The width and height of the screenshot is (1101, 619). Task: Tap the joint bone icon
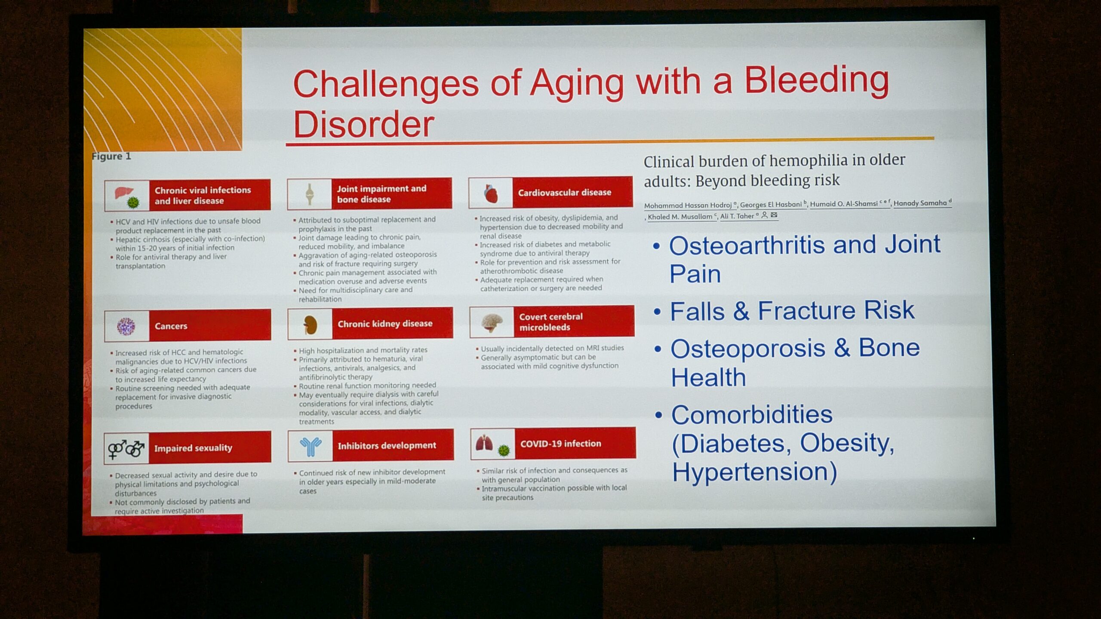tap(309, 194)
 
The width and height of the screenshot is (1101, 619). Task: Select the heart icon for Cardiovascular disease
tap(491, 193)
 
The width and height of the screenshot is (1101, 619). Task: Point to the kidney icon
tap(310, 325)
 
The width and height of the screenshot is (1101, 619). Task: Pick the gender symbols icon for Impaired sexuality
tap(126, 449)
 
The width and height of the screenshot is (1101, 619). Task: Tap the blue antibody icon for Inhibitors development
tap(311, 447)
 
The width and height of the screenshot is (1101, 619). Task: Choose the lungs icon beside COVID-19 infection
tap(485, 443)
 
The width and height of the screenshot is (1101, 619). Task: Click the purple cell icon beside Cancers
tap(126, 327)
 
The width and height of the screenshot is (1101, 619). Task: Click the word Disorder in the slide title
tap(364, 124)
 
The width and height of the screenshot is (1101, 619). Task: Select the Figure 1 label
tap(111, 156)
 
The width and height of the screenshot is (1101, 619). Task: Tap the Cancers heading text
tap(171, 326)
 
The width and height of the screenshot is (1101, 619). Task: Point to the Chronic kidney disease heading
tap(385, 324)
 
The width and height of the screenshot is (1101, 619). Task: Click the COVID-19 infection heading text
tap(560, 444)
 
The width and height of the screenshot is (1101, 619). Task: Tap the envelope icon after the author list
tap(774, 215)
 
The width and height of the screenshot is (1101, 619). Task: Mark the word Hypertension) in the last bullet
tap(755, 472)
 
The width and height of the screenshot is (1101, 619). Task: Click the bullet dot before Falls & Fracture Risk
tap(657, 311)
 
